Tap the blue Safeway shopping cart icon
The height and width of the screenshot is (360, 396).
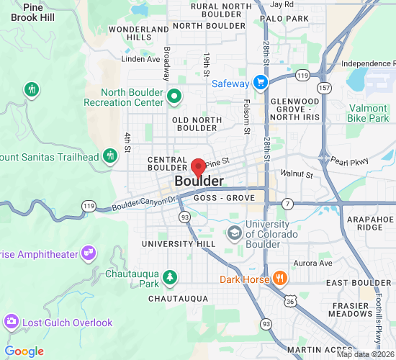pos(260,83)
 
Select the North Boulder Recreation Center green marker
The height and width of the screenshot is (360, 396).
pos(174,95)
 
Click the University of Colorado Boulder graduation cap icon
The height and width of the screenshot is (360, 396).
pos(234,233)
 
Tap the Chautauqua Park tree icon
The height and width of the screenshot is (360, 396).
pos(169,276)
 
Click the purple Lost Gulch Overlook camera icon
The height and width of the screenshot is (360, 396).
pos(11,322)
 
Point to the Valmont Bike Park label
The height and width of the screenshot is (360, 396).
pos(368,113)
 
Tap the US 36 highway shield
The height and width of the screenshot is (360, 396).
pos(290,302)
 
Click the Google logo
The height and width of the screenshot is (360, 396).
pos(24,351)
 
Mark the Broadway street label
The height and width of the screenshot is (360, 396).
pos(166,63)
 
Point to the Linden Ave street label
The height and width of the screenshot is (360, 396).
pos(140,59)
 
